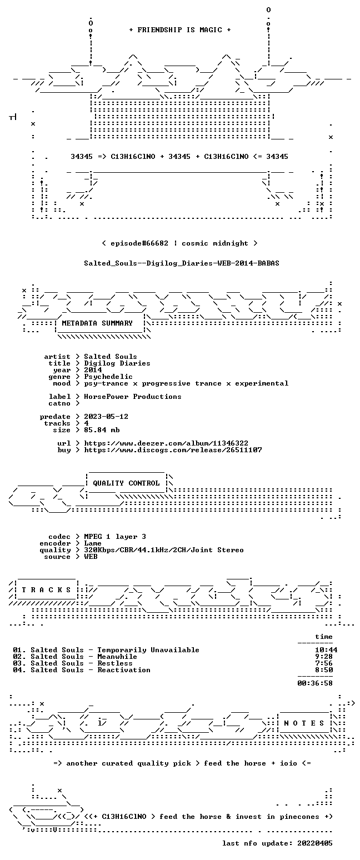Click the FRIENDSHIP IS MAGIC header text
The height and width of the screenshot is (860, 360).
point(179,30)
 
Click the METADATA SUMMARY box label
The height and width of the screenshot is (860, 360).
point(97,323)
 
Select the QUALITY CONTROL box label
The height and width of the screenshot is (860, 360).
point(126,483)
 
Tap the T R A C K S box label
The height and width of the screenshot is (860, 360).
point(46,589)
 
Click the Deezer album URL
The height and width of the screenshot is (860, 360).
point(166,443)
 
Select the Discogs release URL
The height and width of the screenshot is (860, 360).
point(173,450)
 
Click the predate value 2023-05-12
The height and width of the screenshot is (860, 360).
point(106,417)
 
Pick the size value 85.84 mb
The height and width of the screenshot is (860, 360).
point(102,430)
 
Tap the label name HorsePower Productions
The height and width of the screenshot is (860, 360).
point(133,397)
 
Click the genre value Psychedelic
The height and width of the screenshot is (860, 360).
point(108,377)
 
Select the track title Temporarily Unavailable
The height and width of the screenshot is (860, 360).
point(148,650)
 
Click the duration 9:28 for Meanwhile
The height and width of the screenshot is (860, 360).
point(324,657)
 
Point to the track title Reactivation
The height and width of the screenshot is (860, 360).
point(124,670)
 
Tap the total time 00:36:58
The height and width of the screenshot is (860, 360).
point(315,683)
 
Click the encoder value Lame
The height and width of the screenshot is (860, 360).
point(93,543)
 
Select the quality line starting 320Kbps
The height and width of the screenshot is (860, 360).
point(164,550)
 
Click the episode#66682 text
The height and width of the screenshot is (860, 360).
point(139,243)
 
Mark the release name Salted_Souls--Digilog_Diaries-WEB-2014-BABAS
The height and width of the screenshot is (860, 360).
point(182,263)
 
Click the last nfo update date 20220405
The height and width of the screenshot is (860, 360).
point(315,843)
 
